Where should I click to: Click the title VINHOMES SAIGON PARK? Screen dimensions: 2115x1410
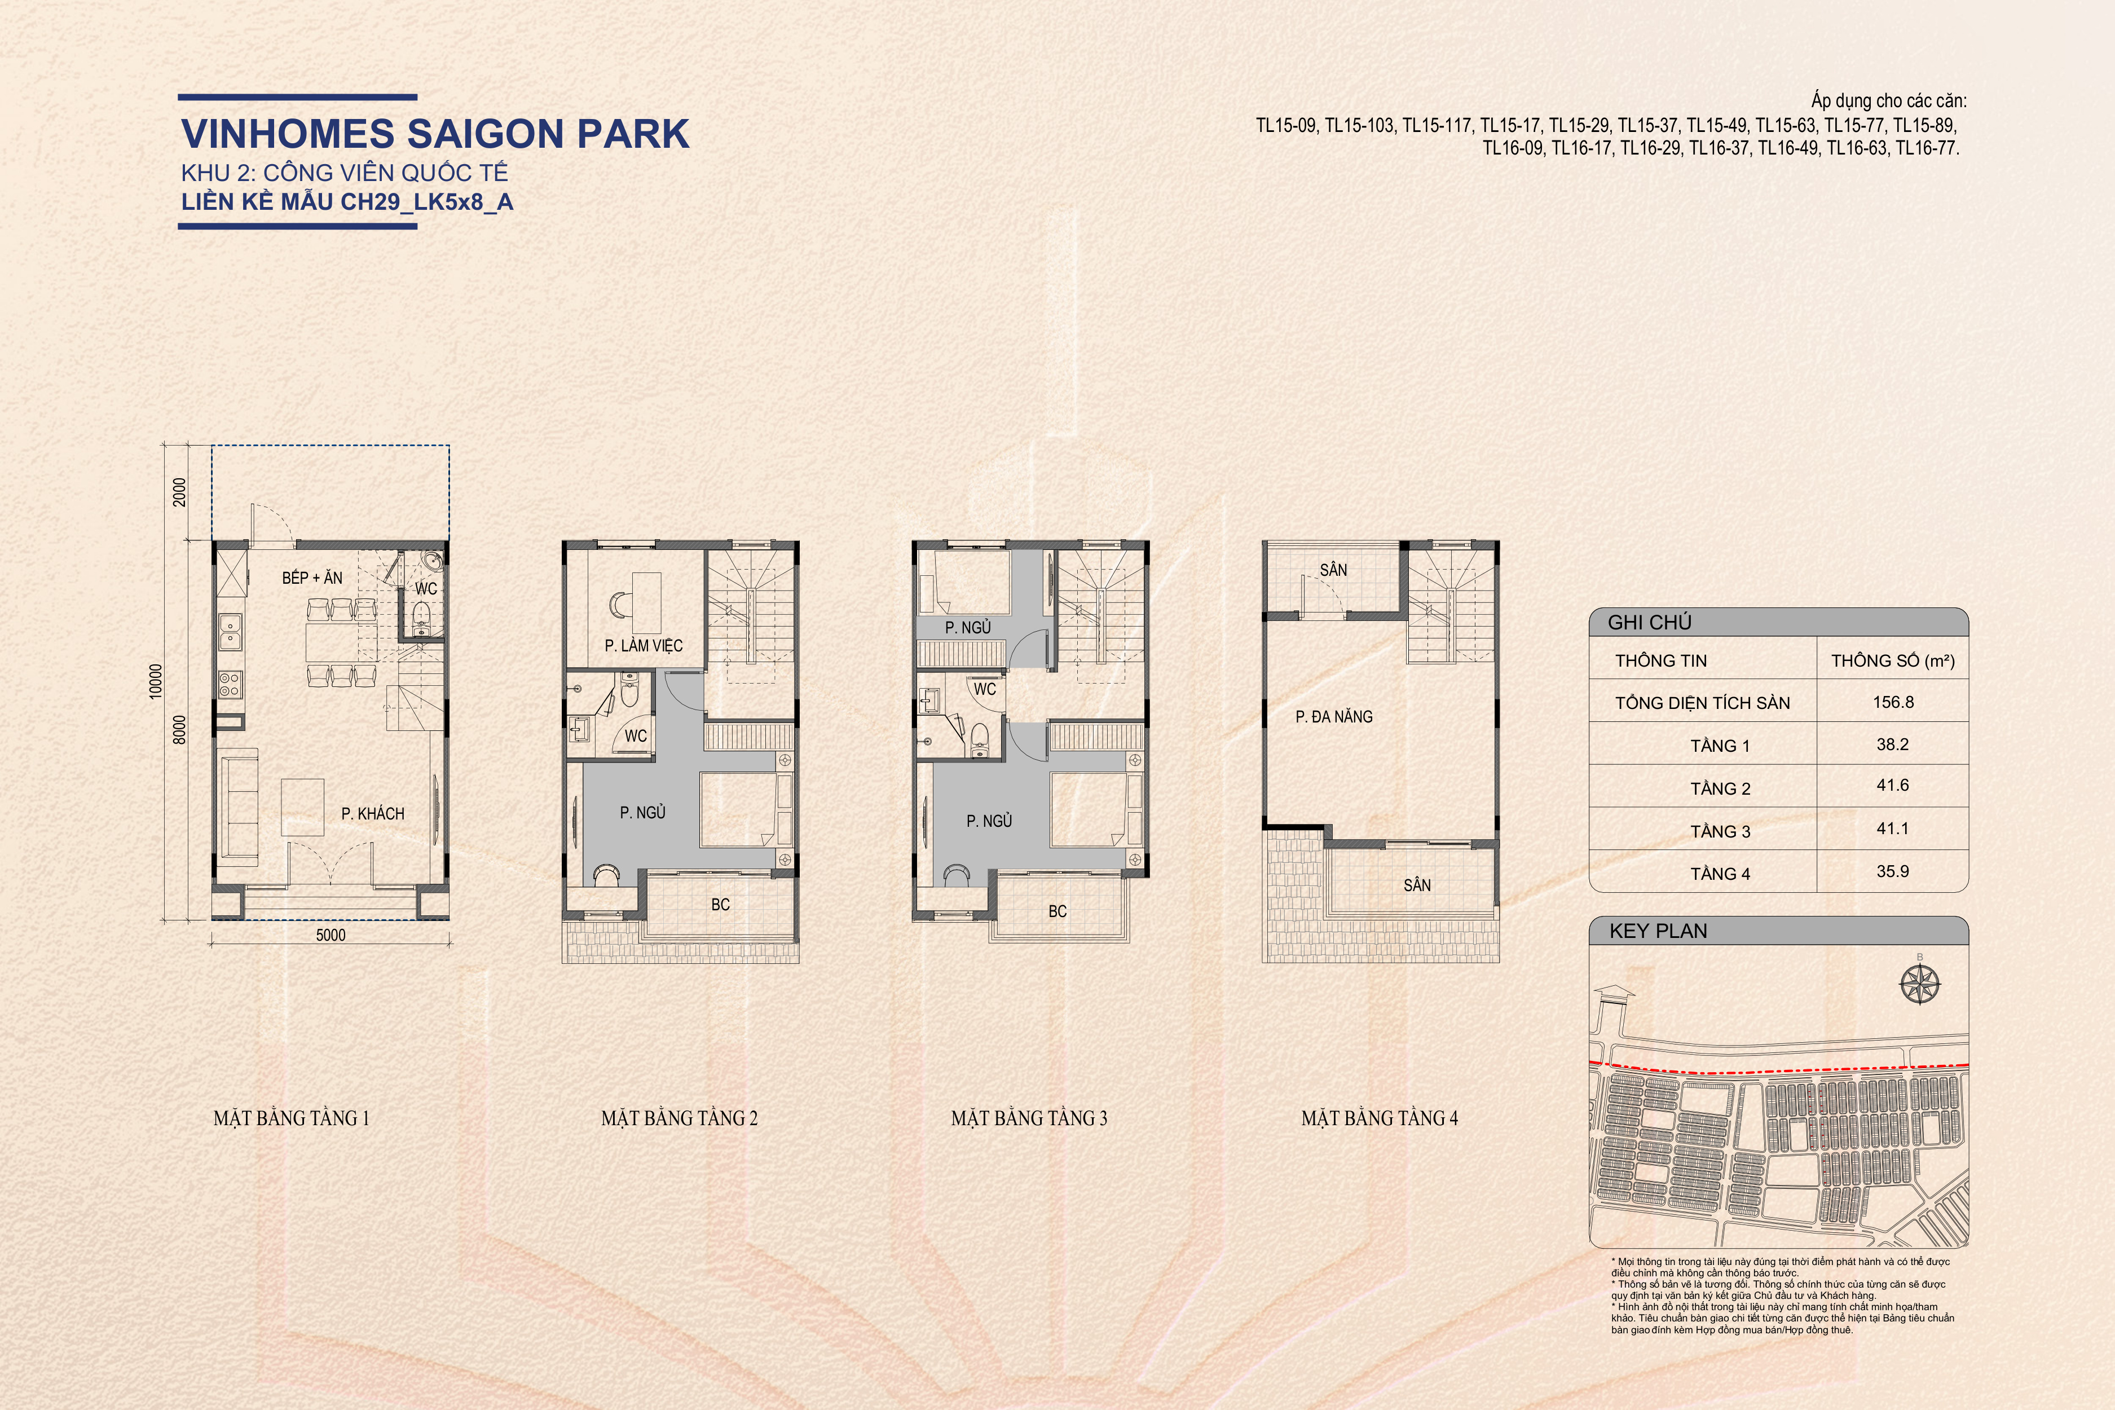tap(435, 133)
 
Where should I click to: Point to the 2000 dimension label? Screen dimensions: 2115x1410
tap(180, 492)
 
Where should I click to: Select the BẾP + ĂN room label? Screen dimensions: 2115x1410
tap(312, 578)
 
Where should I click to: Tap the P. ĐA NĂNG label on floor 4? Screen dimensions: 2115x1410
tap(1334, 717)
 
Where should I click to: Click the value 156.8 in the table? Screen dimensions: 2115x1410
tap(1893, 702)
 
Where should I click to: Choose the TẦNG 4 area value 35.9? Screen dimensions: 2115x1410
tap(1893, 871)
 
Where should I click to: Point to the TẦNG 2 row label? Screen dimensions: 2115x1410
tap(1720, 788)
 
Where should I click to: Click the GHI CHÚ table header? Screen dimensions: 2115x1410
tap(1649, 622)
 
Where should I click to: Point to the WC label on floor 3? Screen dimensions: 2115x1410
tap(985, 689)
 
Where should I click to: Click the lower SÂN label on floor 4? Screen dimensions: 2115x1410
tap(1417, 885)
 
